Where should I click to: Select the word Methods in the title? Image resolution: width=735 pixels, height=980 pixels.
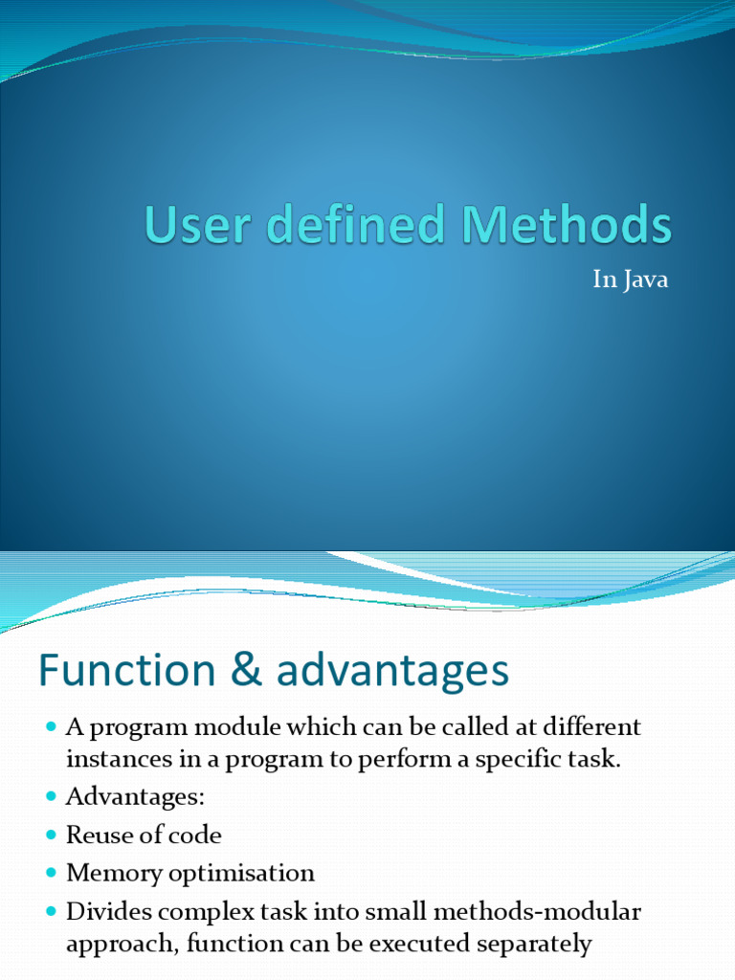(568, 227)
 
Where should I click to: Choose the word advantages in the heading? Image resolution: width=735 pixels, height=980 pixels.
(392, 673)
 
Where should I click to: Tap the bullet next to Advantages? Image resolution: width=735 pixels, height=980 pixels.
(51, 797)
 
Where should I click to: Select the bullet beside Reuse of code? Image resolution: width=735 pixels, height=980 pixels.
(51, 835)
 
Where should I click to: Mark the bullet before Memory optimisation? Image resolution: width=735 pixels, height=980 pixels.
(51, 874)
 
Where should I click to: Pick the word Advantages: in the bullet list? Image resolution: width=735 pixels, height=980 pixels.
(136, 796)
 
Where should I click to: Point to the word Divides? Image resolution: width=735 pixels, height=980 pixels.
(107, 911)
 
